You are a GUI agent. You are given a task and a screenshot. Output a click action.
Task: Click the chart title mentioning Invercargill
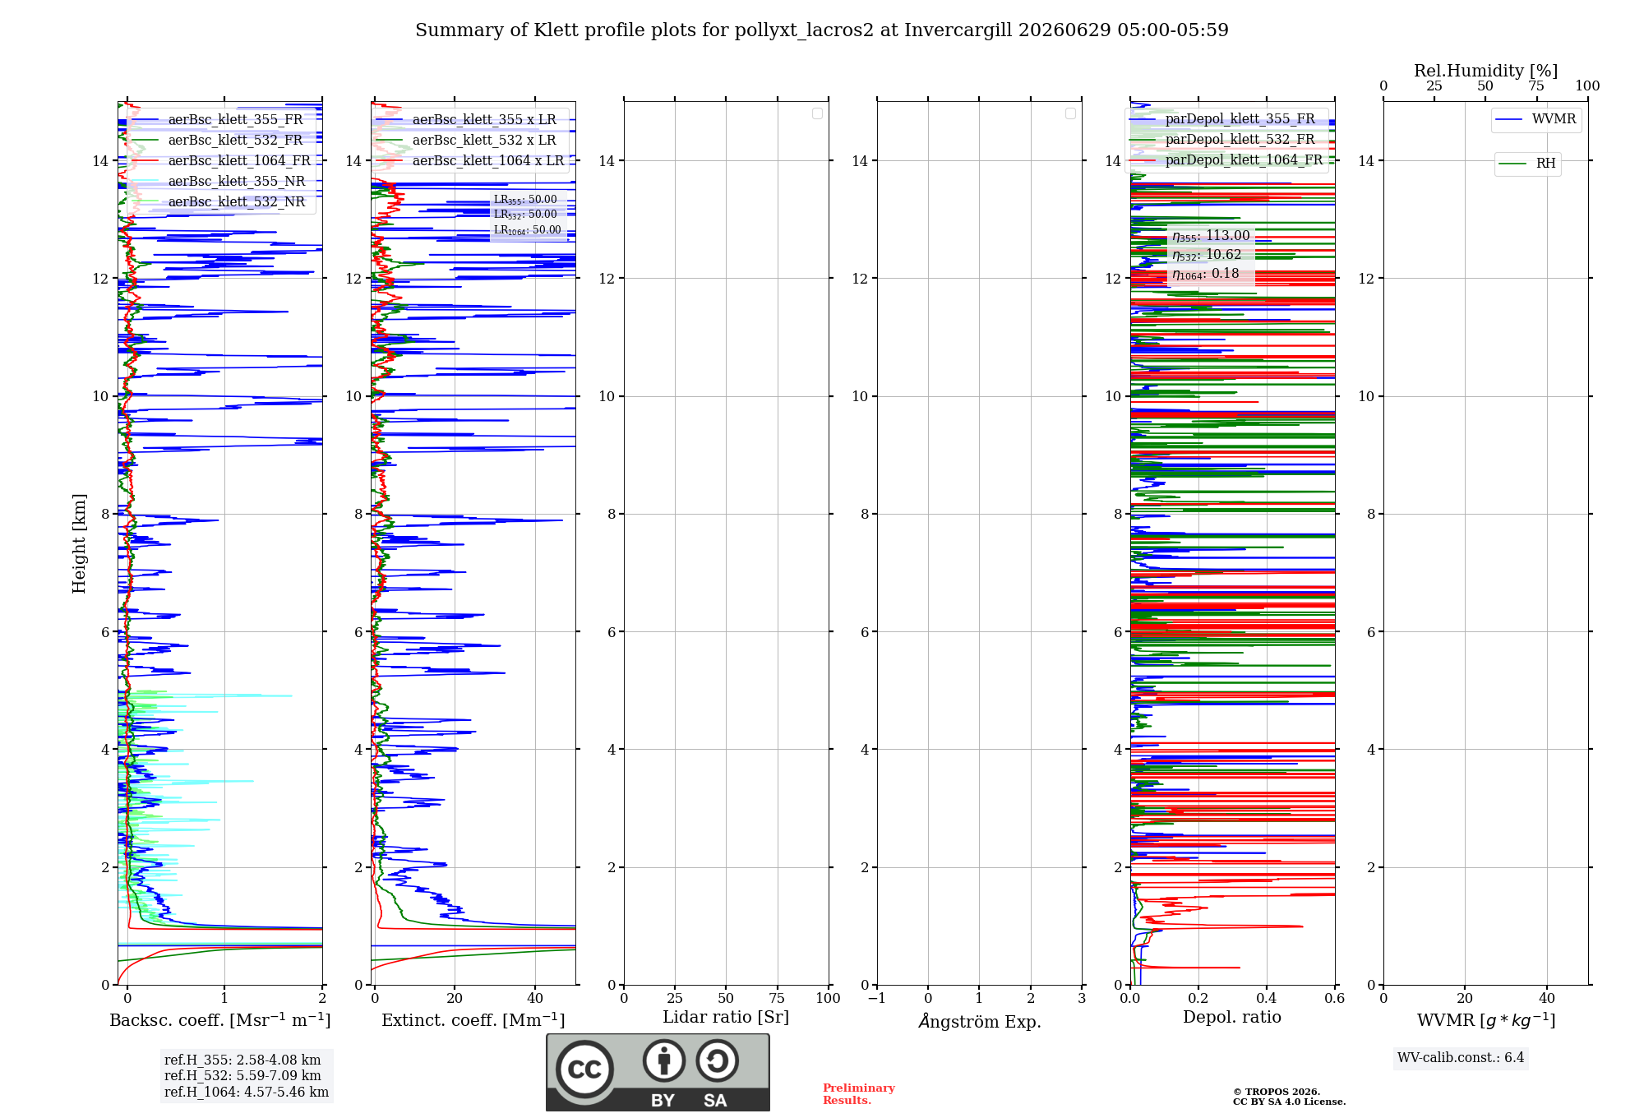pyautogui.click(x=821, y=30)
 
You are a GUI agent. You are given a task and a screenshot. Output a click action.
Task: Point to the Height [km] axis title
pyautogui.click(x=79, y=543)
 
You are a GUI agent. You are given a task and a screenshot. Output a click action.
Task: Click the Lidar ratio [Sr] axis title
pyautogui.click(x=726, y=1018)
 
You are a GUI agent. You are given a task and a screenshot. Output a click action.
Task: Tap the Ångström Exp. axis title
pyautogui.click(x=980, y=1021)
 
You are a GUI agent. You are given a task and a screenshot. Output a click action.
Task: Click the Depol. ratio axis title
pyautogui.click(x=1232, y=1018)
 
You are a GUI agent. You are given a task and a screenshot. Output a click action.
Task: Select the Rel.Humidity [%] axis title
pyautogui.click(x=1485, y=71)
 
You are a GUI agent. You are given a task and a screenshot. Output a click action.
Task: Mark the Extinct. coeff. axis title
pyautogui.click(x=473, y=1020)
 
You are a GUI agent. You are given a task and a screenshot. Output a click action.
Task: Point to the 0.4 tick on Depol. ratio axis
pyautogui.click(x=1267, y=999)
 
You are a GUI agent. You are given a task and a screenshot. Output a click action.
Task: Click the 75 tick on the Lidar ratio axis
pyautogui.click(x=777, y=999)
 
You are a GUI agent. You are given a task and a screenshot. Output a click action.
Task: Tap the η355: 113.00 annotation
pyautogui.click(x=1211, y=236)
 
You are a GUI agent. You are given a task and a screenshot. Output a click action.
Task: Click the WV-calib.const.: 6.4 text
pyautogui.click(x=1461, y=1058)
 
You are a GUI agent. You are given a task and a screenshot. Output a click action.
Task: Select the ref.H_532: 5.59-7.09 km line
pyautogui.click(x=242, y=1076)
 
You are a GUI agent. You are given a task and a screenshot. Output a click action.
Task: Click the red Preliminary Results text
pyautogui.click(x=859, y=1094)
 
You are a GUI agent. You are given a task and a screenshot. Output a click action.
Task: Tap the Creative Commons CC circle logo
pyautogui.click(x=584, y=1069)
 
